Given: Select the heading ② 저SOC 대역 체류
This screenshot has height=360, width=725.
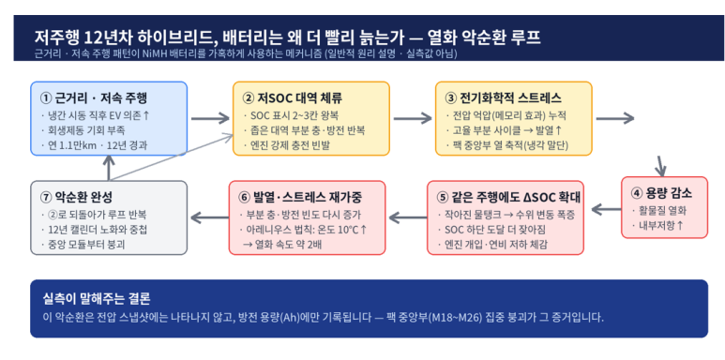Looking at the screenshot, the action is (293, 98).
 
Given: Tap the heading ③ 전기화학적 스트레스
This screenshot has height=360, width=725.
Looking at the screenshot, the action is (503, 98).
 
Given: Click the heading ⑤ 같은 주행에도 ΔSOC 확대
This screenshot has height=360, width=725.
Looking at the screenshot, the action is (508, 197).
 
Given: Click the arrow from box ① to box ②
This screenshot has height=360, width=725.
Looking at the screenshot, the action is (210, 119).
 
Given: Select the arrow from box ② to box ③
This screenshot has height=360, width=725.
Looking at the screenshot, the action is (413, 119).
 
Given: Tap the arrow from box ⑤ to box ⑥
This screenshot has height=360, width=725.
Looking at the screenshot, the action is (408, 217).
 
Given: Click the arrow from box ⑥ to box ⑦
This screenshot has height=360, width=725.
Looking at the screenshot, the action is (209, 217).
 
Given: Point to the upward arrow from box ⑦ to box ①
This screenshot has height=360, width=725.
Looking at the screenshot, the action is (109, 167).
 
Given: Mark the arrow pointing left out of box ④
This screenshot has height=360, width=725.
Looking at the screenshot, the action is (606, 209).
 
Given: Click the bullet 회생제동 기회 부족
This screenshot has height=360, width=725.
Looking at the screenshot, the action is (83, 130).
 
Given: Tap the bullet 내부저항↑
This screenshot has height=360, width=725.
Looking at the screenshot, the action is (657, 226).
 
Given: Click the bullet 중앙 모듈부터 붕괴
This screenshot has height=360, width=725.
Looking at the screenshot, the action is (83, 244).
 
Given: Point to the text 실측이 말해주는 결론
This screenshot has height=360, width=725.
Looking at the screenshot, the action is (97, 298).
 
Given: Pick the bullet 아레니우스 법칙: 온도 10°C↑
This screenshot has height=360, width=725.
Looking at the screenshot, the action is (303, 230).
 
